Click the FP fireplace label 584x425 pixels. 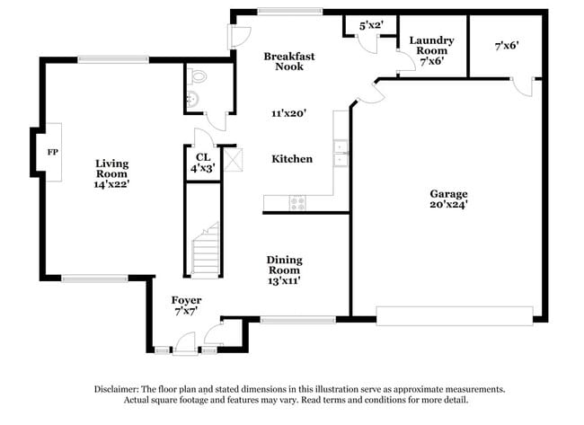(x=52, y=152)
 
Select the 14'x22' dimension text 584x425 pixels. (x=112, y=184)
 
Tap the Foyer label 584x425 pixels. (x=186, y=299)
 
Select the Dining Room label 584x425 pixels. (x=283, y=265)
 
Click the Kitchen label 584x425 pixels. (x=292, y=159)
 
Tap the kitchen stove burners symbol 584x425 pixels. (x=297, y=203)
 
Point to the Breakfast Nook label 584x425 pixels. (x=288, y=61)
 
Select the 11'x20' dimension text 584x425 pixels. (x=289, y=113)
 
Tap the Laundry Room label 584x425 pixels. (x=431, y=46)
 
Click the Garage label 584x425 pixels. (x=447, y=193)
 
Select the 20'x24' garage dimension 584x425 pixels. (x=447, y=205)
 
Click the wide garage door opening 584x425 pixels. (x=454, y=314)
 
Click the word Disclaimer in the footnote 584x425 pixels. (x=119, y=389)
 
